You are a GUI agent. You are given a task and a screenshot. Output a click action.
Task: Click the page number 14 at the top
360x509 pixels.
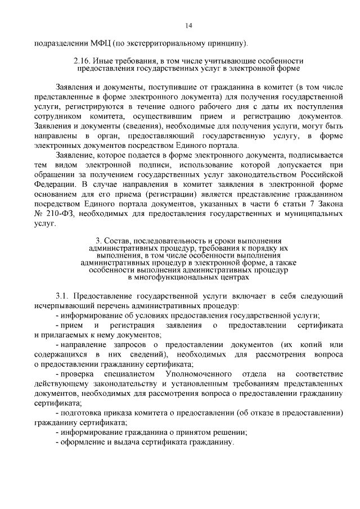point(188,25)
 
